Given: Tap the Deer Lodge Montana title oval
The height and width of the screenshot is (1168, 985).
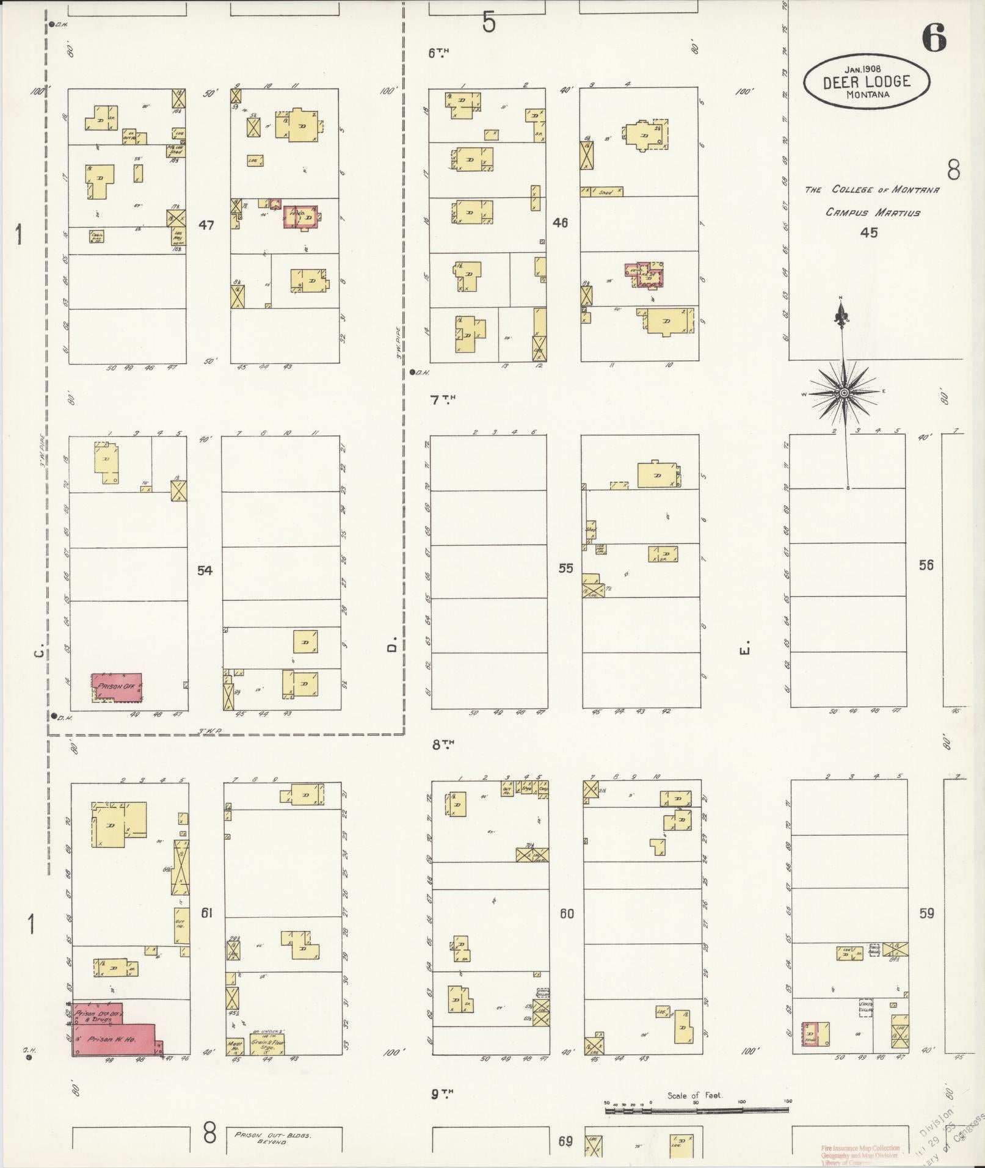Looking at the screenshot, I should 867,81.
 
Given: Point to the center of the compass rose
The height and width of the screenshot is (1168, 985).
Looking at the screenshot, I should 844,393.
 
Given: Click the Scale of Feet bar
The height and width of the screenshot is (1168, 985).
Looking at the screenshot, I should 696,1109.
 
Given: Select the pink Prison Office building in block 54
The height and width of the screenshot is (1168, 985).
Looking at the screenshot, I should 117,687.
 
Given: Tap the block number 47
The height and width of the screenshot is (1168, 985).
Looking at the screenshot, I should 206,225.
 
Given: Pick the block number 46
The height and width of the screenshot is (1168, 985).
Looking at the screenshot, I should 560,222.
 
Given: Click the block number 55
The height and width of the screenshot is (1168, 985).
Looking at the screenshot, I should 565,568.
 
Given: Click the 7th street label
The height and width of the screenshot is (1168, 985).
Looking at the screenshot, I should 443,400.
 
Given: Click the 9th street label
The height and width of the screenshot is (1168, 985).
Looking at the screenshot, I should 443,1094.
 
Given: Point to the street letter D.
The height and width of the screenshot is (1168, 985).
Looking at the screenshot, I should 393,644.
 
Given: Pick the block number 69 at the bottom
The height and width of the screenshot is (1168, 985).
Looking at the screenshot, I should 565,1141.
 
